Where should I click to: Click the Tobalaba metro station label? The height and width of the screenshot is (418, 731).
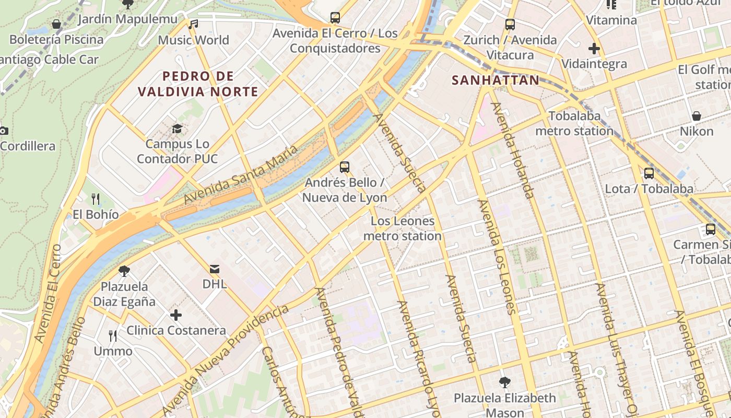tap(574, 123)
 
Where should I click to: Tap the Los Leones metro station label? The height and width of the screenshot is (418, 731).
tap(402, 228)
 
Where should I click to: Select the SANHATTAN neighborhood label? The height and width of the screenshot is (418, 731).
tap(496, 80)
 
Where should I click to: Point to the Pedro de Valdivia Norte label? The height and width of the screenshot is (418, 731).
tap(198, 84)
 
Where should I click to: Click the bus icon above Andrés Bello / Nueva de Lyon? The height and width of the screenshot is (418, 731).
tap(345, 167)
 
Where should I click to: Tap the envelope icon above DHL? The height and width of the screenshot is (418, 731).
tap(214, 269)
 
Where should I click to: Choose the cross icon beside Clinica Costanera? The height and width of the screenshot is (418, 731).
tap(176, 315)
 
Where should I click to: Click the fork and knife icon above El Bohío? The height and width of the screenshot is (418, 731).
tap(96, 199)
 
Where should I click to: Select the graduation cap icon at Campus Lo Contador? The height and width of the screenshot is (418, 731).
tap(178, 129)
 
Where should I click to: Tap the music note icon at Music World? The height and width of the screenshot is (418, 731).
tap(194, 24)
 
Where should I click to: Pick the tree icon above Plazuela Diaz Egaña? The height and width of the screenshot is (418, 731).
tap(124, 271)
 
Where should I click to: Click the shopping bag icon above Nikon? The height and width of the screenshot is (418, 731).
tap(696, 116)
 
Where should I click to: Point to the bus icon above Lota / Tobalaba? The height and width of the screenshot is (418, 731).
tap(649, 173)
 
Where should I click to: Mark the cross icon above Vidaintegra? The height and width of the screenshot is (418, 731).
tap(594, 49)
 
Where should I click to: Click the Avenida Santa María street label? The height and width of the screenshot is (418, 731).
tap(241, 175)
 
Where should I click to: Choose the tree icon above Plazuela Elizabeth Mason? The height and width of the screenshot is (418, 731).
tap(505, 382)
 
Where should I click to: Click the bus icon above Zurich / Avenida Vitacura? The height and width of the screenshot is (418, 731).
tap(510, 25)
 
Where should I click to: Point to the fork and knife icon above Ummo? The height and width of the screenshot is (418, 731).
tap(113, 335)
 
